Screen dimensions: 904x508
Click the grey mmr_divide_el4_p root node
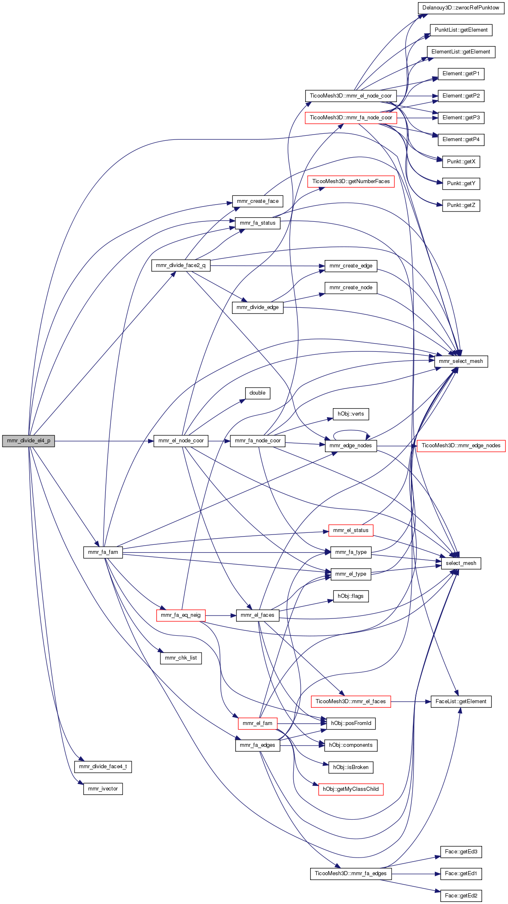28,441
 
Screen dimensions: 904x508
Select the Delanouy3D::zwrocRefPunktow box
461,8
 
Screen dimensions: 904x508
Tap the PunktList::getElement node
461,30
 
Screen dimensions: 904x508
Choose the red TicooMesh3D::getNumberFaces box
351,181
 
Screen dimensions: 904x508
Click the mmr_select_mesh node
461,361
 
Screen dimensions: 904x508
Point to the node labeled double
257,393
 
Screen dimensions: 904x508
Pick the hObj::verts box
350,414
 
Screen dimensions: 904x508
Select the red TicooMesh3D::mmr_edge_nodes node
461,446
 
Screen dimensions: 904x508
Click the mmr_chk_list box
181,658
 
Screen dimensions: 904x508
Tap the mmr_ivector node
103,789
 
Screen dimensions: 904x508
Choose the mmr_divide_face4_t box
103,767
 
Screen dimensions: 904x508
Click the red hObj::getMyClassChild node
350,789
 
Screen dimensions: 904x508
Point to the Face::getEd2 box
461,896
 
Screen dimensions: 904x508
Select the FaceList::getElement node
461,702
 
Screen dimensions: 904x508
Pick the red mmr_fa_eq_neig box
181,615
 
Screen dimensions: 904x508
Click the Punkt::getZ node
461,205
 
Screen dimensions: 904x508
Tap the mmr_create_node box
350,288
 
